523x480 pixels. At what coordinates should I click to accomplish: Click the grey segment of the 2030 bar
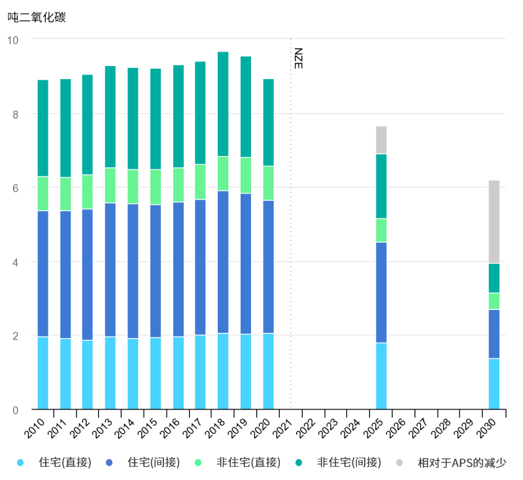[x=494, y=222]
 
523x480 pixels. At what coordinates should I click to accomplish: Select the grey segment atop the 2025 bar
[x=381, y=140]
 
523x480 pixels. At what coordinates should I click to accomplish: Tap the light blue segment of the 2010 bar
[x=43, y=373]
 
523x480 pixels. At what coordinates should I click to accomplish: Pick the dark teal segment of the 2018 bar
[x=223, y=104]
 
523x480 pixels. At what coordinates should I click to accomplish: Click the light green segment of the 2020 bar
[x=268, y=183]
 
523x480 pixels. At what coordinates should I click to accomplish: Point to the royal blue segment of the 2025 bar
[x=381, y=292]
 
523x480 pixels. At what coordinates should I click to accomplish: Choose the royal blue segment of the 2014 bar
[x=133, y=271]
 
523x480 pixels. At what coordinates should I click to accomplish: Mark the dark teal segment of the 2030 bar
[x=494, y=278]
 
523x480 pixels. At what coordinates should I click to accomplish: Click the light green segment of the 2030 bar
[x=494, y=301]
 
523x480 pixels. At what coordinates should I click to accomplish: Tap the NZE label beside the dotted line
[x=298, y=58]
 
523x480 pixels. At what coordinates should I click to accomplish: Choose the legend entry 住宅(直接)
[x=65, y=463]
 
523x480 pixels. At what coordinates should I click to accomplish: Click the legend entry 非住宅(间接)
[x=349, y=463]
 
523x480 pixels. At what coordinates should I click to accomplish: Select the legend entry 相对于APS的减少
[x=462, y=463]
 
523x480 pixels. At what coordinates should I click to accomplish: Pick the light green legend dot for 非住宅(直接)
[x=198, y=463]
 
